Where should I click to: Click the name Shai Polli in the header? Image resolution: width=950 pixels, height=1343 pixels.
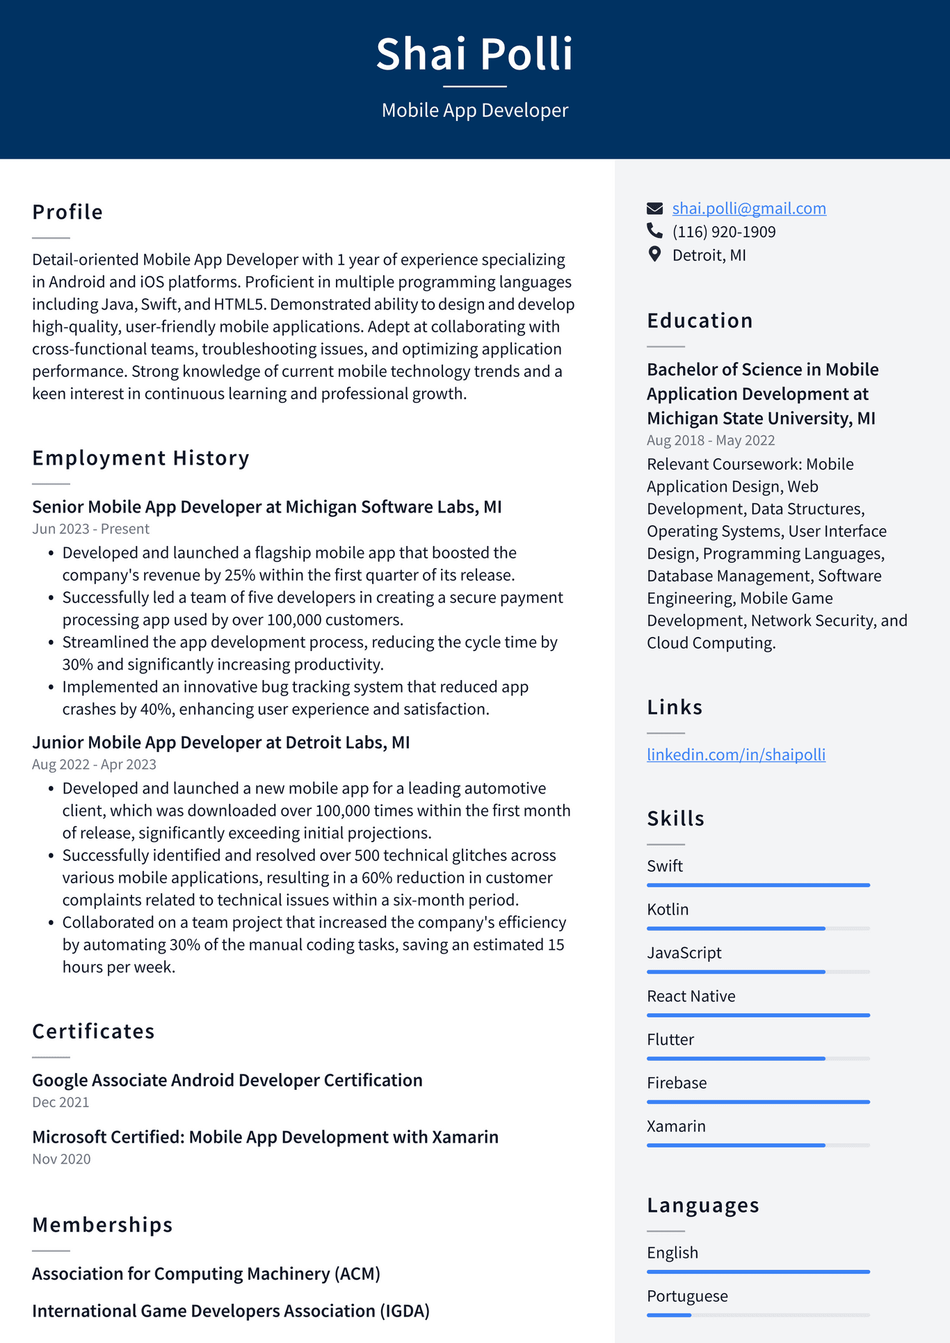click(474, 54)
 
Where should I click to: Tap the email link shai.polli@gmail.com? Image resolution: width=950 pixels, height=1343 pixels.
click(748, 208)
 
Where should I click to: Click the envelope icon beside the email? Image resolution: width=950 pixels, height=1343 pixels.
click(654, 208)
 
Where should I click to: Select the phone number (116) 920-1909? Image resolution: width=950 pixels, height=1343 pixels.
click(723, 232)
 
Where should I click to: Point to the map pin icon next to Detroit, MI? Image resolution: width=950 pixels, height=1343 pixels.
click(654, 255)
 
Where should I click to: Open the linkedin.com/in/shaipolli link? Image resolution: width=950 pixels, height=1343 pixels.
click(736, 755)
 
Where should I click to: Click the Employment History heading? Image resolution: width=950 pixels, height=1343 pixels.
click(140, 458)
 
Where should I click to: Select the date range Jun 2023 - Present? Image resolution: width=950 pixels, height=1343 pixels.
click(90, 529)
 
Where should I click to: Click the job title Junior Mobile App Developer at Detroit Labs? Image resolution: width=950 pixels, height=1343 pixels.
click(220, 742)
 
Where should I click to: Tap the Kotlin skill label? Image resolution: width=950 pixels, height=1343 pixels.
click(668, 909)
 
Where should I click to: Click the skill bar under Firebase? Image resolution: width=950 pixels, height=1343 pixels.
click(758, 1102)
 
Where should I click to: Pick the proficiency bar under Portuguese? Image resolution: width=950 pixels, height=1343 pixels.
click(758, 1315)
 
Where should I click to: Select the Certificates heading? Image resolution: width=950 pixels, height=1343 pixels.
click(93, 1031)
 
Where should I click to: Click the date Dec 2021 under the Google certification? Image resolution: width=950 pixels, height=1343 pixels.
click(61, 1102)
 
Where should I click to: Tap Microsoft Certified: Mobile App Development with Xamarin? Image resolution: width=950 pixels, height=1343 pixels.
click(265, 1136)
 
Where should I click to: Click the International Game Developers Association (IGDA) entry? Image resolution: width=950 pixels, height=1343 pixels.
click(230, 1310)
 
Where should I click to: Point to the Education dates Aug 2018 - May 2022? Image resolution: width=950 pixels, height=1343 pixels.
click(710, 440)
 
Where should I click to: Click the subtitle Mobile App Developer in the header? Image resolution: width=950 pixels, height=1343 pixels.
click(474, 110)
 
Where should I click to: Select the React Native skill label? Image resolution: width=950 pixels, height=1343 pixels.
click(691, 996)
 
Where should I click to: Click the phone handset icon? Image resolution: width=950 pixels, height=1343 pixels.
click(654, 231)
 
